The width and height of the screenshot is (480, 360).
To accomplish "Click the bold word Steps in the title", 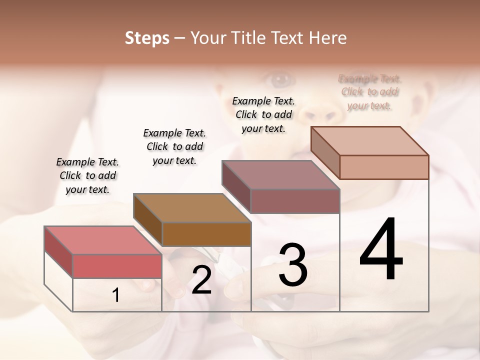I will tap(147, 38).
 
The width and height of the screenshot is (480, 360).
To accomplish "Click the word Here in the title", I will tap(327, 38).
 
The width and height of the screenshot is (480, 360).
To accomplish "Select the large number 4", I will tap(381, 250).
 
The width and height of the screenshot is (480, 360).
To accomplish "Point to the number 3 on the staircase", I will tap(292, 265).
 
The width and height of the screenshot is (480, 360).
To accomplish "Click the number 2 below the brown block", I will tap(201, 280).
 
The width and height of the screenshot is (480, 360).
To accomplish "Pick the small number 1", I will tap(116, 295).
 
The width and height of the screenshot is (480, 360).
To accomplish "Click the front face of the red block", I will tap(117, 265).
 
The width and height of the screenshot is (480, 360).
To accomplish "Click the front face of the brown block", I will tap(206, 234).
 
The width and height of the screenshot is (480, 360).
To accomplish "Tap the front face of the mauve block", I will tap(295, 201).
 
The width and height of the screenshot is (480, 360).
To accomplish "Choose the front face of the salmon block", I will tap(384, 167).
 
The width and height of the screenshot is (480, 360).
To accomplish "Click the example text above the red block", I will tap(87, 175).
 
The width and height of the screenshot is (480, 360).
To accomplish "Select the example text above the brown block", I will tap(174, 146).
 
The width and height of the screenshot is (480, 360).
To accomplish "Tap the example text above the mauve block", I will tap(263, 114).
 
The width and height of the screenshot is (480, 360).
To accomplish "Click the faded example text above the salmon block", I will tap(369, 92).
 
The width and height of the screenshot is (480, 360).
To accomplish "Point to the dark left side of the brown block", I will tap(148, 220).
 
